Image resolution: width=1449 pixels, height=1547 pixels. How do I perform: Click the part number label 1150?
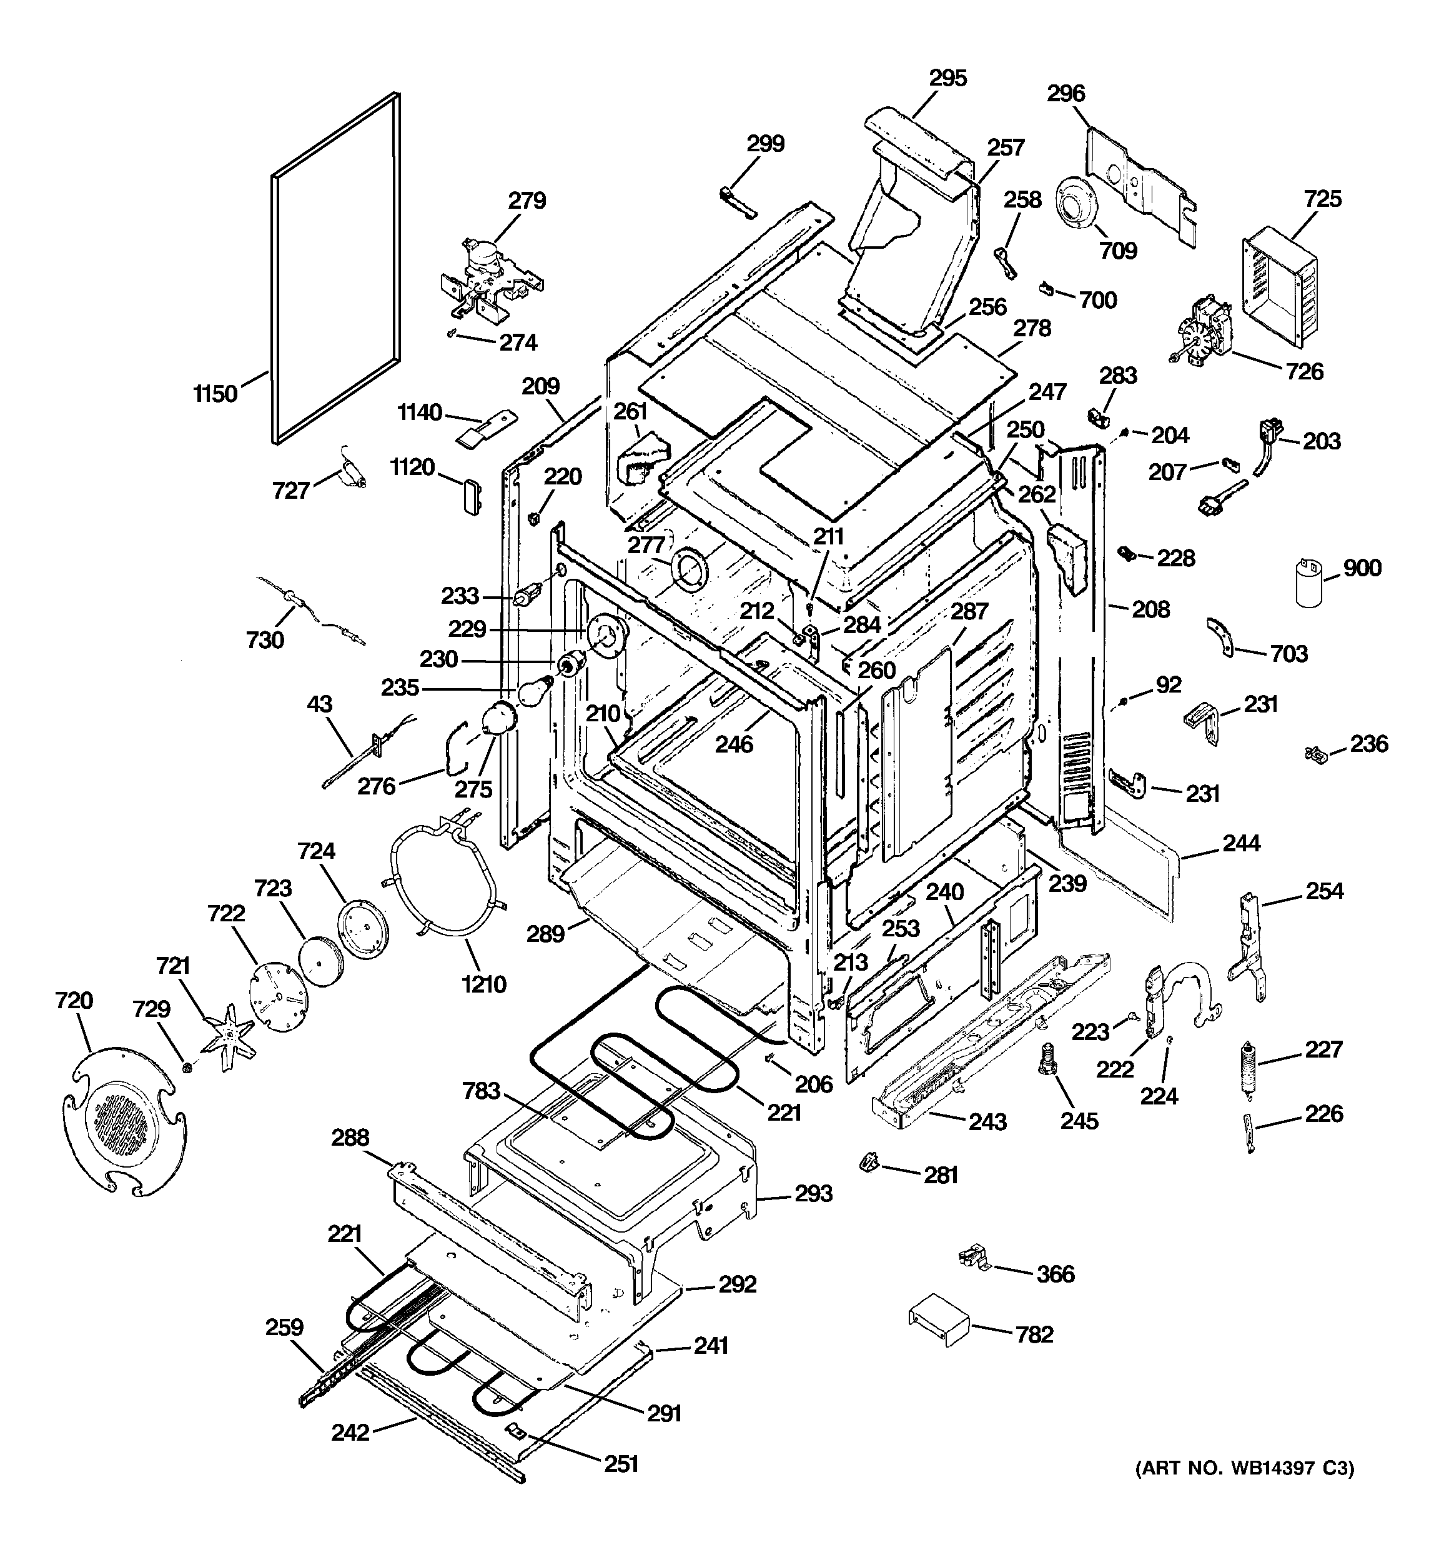click(215, 394)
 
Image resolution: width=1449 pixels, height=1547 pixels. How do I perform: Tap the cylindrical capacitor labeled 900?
click(1310, 582)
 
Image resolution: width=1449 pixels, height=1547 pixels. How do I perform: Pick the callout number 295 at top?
click(948, 78)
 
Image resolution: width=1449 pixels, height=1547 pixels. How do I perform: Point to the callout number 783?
click(481, 1091)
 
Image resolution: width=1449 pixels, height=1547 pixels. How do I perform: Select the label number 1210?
click(484, 984)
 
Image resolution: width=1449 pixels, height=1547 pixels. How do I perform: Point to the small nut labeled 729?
click(187, 1065)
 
